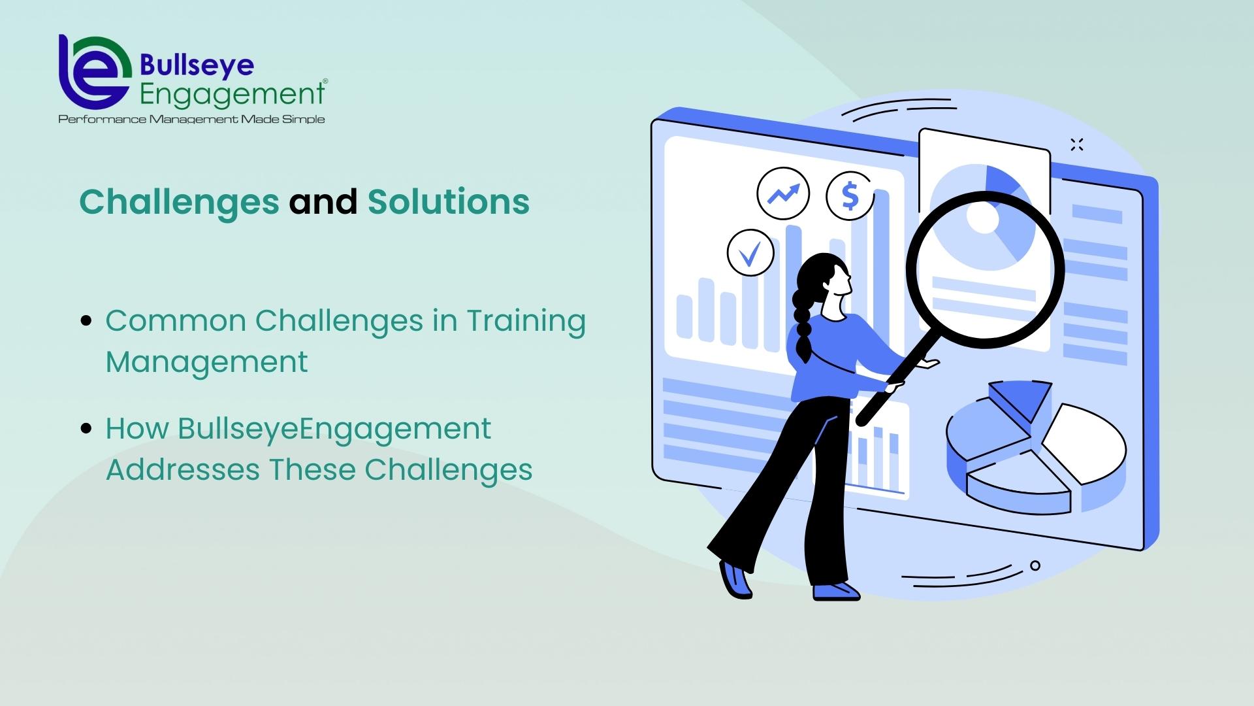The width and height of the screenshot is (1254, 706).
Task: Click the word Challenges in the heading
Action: coord(179,203)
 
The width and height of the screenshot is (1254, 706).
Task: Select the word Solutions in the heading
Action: coord(448,201)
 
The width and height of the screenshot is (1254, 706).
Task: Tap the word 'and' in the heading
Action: coord(323,201)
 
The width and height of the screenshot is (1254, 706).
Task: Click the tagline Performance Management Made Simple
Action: coord(191,119)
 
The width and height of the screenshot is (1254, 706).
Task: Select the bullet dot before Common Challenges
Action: coord(86,321)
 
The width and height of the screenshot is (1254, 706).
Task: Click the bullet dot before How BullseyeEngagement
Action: coord(86,429)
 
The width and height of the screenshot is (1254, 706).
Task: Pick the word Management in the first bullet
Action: coord(206,362)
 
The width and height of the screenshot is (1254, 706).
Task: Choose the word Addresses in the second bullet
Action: coord(183,469)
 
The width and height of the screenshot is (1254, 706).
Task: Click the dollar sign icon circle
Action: coord(850,195)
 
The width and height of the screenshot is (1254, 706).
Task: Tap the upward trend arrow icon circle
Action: coord(783,193)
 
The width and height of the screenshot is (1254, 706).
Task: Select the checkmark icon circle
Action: coord(750,252)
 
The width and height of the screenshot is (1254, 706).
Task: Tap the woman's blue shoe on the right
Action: coord(835,591)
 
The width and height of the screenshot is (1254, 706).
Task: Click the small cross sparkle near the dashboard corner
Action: coord(1077,145)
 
